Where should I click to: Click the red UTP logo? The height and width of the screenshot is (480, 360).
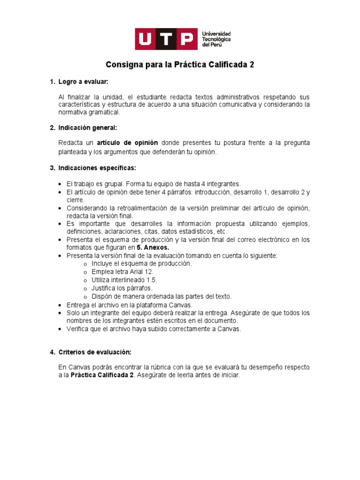click(166, 39)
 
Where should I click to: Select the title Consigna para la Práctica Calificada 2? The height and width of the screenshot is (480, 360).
click(180, 65)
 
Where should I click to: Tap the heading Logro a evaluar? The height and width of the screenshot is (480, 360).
click(83, 82)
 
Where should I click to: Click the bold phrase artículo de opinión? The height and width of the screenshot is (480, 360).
click(127, 142)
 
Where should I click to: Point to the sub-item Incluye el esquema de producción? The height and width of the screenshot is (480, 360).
click(135, 263)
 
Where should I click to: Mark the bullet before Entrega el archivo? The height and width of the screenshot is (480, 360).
click(61, 305)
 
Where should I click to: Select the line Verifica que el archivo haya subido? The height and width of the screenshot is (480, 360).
click(153, 329)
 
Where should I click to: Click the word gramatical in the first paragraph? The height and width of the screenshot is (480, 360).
click(103, 112)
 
